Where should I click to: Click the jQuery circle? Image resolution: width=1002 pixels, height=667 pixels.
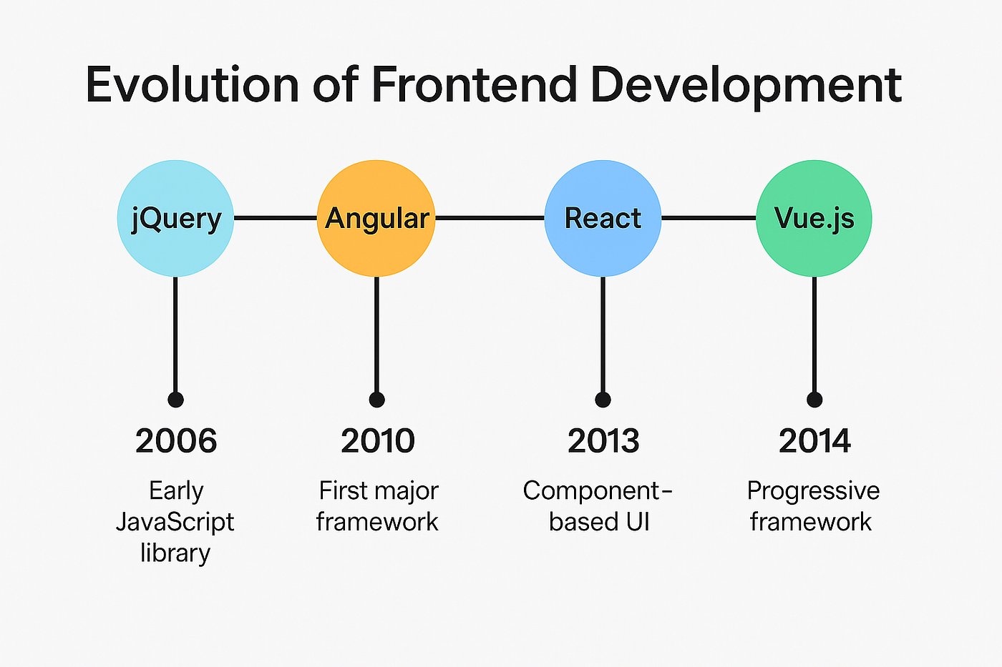pos(175,219)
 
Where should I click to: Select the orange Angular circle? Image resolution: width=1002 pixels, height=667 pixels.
pos(376,219)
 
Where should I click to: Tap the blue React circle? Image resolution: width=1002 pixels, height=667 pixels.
pos(603,219)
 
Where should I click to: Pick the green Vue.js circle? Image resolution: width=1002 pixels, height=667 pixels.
pos(814,219)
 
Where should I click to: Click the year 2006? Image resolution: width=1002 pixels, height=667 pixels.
pos(176,441)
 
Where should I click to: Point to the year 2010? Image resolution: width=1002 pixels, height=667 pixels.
pos(378,441)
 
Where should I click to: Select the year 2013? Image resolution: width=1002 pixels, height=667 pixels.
pos(603,441)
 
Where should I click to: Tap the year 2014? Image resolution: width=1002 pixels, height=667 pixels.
pos(814,441)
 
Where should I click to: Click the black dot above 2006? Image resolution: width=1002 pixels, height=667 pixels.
pos(176,400)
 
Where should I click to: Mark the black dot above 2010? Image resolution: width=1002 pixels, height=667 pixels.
pos(377,400)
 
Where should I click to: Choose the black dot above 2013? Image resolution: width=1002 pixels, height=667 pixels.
pos(603,400)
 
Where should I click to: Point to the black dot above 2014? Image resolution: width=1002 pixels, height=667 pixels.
pos(814,400)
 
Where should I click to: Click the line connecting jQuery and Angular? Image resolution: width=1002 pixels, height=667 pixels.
pos(276,218)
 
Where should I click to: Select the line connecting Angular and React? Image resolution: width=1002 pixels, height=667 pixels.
pos(490,218)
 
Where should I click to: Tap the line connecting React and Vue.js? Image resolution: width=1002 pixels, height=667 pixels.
pos(709,218)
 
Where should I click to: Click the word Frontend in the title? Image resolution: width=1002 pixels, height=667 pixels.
pos(474,84)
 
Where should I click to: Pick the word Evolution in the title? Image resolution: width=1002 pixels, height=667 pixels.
pos(193,84)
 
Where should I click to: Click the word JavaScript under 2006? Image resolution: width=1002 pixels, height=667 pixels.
pos(175,523)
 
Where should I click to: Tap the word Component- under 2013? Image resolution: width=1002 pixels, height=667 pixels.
pos(598,491)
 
